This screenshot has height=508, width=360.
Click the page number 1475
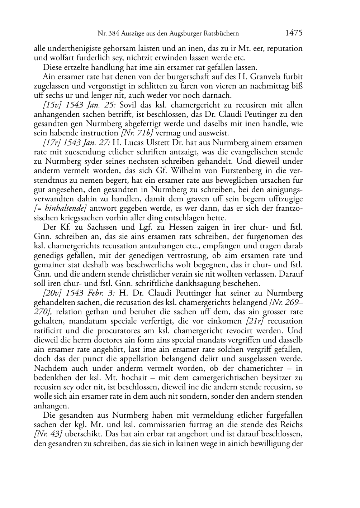[294, 33]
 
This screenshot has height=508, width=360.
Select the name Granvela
[261, 77]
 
